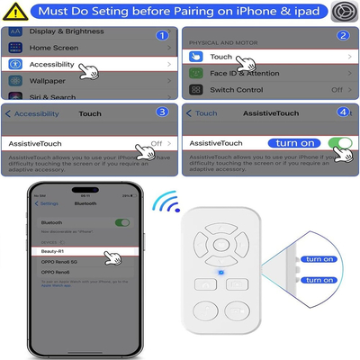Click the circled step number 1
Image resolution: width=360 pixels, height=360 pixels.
[163, 36]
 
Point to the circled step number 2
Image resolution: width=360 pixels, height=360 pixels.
[343, 36]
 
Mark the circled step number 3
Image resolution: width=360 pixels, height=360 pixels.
[161, 112]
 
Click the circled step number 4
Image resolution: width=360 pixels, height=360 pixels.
[343, 112]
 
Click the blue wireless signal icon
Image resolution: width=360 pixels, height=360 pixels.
[164, 200]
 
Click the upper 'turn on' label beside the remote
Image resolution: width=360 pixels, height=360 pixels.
[319, 259]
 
